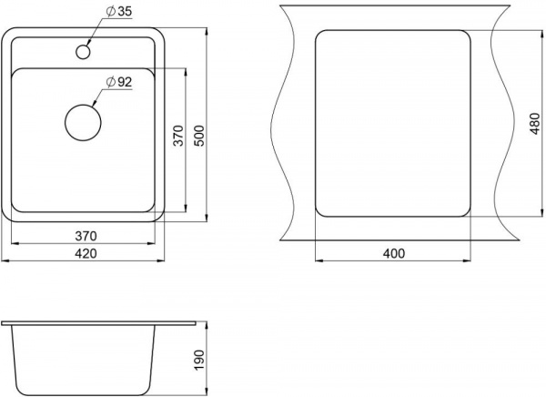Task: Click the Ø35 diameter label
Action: (118, 12)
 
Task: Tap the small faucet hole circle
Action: (83, 52)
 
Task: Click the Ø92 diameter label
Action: (119, 82)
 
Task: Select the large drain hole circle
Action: (83, 123)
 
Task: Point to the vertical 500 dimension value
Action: (199, 136)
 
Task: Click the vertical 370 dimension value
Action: (178, 136)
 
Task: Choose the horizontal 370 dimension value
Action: (86, 237)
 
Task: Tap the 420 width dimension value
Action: (86, 253)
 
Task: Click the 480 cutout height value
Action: (534, 124)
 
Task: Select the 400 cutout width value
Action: (394, 253)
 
